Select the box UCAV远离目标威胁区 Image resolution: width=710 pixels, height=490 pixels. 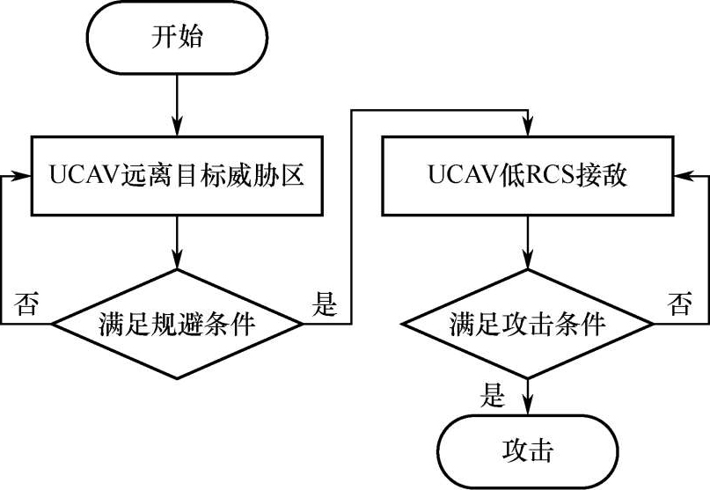tap(177, 176)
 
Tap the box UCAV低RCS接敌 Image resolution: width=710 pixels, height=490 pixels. tap(528, 176)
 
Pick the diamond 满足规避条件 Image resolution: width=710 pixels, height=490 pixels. tap(177, 325)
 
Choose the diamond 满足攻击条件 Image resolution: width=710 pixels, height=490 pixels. tap(528, 325)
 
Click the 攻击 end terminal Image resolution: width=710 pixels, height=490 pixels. tap(528, 450)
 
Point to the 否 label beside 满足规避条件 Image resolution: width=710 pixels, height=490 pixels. tap(26, 305)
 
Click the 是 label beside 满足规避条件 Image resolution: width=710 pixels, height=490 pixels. tap(325, 305)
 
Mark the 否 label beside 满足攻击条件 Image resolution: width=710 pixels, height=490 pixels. tap(680, 305)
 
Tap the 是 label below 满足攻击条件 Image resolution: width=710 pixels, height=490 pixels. tap(494, 394)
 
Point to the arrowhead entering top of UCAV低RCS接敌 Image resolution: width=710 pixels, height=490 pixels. tap(528, 129)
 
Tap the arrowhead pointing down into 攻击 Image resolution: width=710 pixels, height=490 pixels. tap(528, 406)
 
